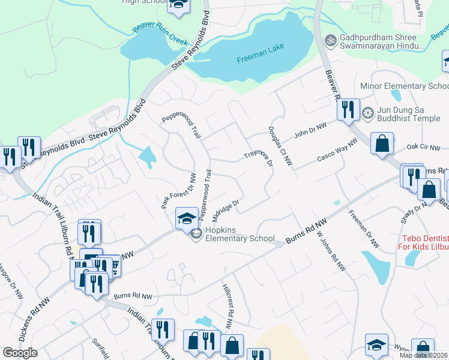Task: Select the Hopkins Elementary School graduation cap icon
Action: [x=187, y=218]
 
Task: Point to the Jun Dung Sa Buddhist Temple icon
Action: [x=368, y=113]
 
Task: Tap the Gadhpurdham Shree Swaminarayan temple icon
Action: [x=330, y=40]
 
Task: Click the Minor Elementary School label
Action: [x=404, y=86]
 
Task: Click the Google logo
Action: [x=20, y=353]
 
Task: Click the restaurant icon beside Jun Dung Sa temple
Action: [x=348, y=109]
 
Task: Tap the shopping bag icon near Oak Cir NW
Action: [x=382, y=143]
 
